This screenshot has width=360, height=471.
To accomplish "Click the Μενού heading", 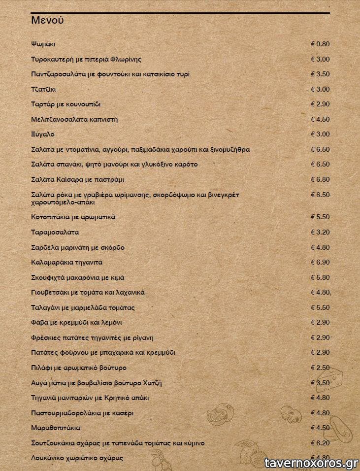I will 47,20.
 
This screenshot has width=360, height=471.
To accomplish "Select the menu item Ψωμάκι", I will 43,44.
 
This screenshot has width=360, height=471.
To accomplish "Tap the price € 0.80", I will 320,44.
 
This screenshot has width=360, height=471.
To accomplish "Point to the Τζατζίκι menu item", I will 43,89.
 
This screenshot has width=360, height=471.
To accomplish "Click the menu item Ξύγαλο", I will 42,134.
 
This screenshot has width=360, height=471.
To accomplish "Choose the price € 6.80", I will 320,179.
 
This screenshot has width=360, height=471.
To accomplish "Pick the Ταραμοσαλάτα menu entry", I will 55,232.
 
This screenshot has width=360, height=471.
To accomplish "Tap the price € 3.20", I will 320,232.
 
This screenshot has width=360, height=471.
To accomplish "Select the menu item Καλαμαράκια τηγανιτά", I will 66,262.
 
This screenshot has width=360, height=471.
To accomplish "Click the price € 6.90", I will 320,262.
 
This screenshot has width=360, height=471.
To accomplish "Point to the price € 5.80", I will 320,277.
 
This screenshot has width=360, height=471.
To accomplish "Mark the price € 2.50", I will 320,368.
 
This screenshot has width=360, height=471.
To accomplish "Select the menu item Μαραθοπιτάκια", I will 55,428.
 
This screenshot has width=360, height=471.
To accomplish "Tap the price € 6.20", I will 320,443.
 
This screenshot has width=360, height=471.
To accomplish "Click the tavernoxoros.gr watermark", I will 311,463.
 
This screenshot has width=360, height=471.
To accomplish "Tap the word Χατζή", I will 152,383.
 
